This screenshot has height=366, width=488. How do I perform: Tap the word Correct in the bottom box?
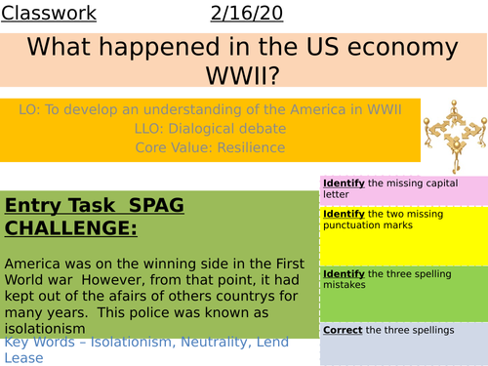343,330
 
